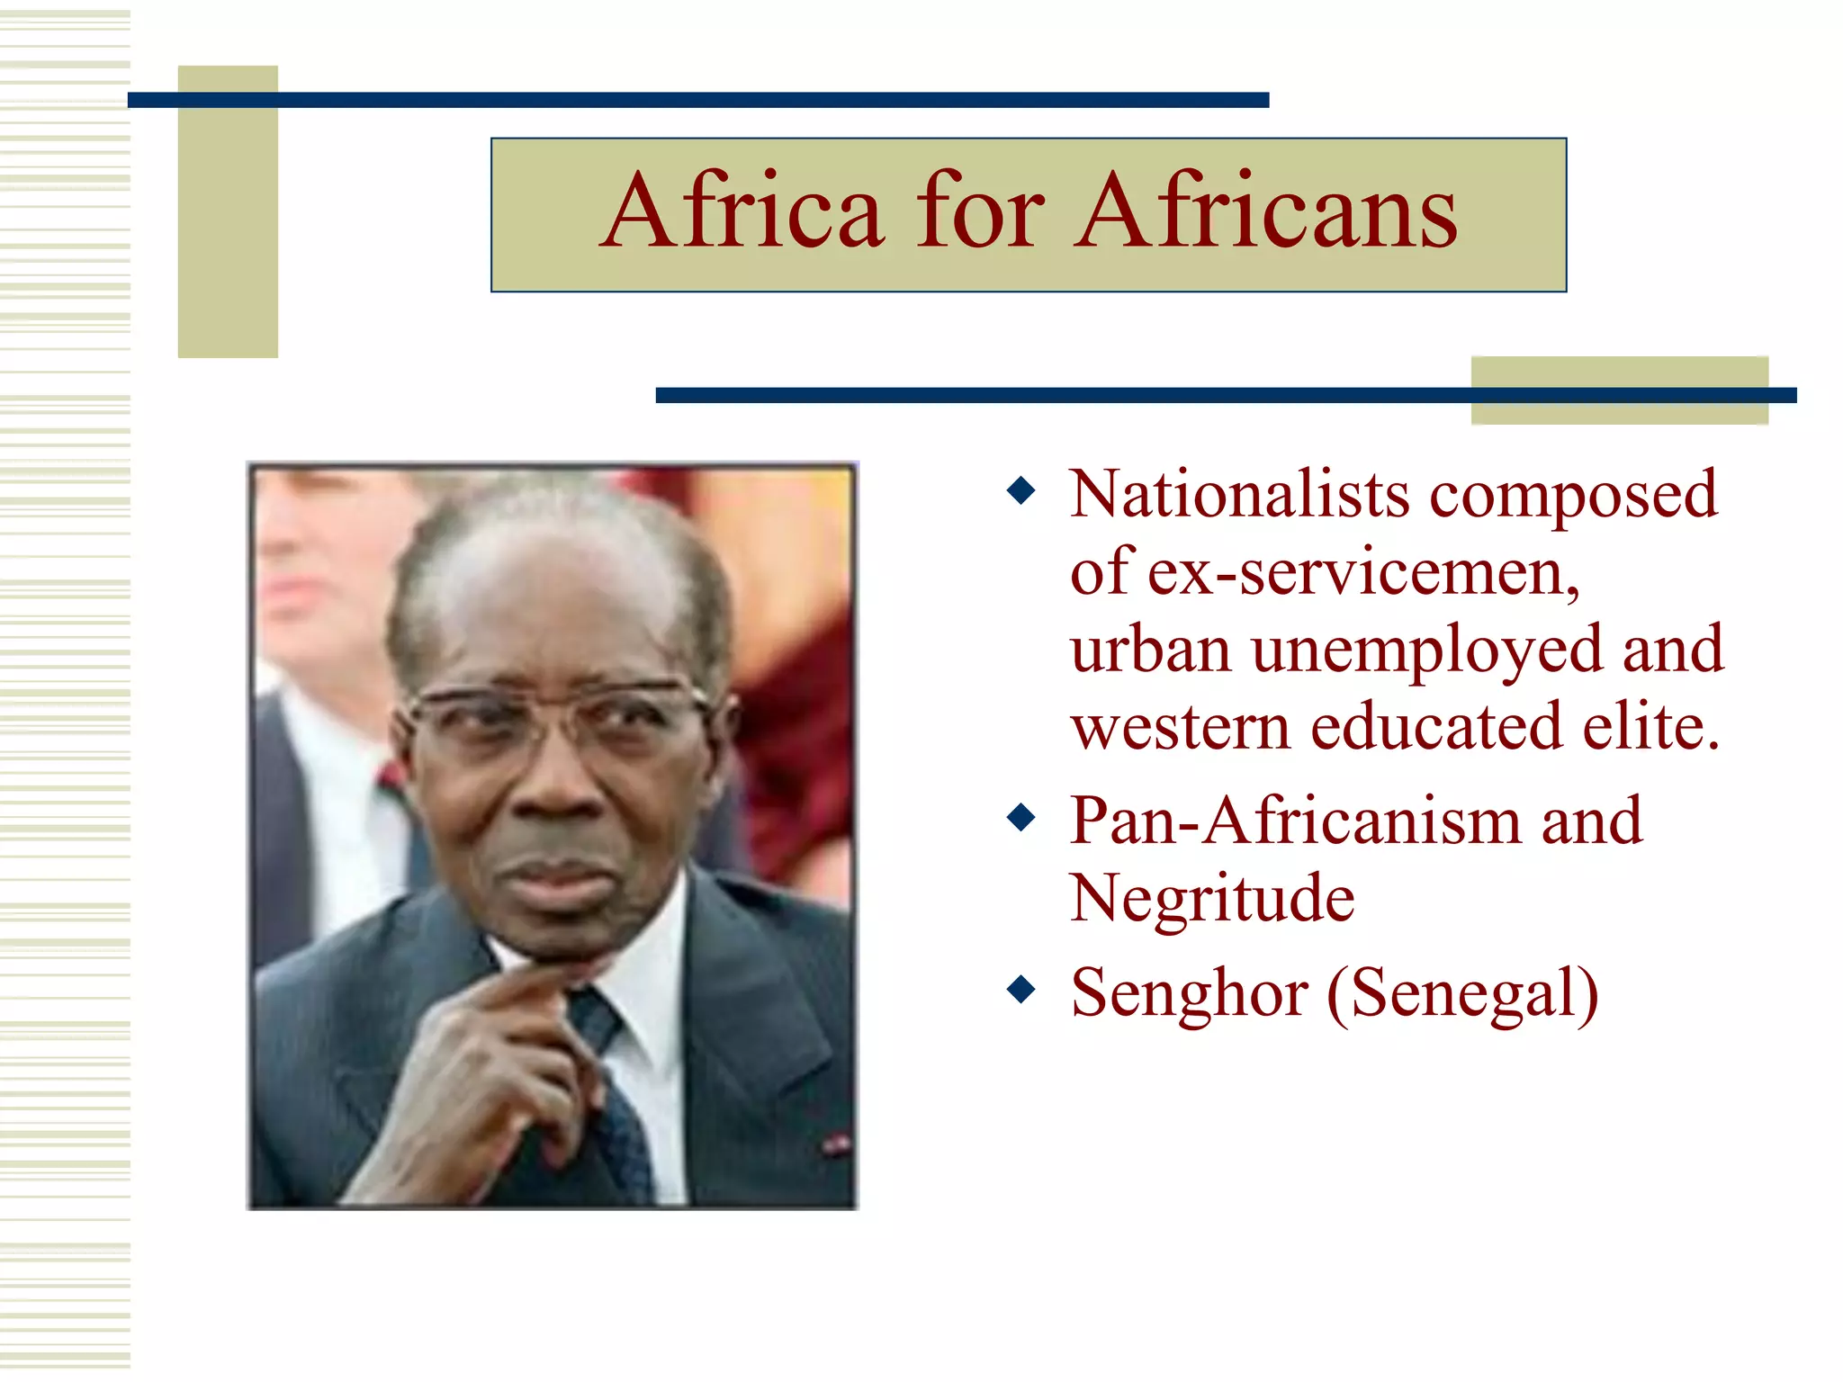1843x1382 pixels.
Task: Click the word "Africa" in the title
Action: (743, 212)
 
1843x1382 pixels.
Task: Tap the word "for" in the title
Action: (980, 212)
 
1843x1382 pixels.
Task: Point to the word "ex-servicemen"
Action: (1362, 573)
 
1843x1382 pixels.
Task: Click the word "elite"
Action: (1650, 726)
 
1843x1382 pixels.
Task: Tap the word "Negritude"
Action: (1211, 898)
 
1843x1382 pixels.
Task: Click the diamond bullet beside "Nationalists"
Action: (1021, 491)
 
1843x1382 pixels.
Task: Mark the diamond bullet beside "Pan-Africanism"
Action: (1021, 818)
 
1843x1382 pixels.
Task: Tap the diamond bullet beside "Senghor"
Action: (1021, 990)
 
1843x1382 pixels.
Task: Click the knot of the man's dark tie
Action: (594, 1012)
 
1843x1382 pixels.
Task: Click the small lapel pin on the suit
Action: (835, 1144)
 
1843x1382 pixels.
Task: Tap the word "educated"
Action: (1436, 726)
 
